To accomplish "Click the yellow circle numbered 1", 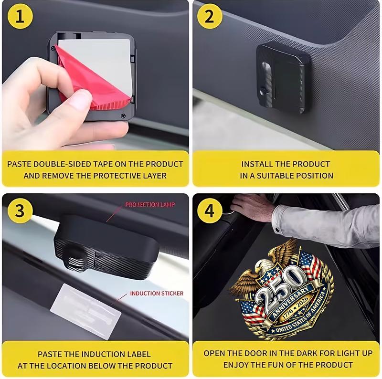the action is coord(20,16).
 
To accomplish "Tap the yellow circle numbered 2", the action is coord(210,16).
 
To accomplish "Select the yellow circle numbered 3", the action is coord(20,211).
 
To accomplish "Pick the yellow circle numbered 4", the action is coord(210,211).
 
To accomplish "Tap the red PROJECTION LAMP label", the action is coord(150,205).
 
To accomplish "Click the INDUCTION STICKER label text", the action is coord(157,293).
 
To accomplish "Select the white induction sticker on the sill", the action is coord(86,311).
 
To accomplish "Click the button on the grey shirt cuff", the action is coord(277,230).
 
